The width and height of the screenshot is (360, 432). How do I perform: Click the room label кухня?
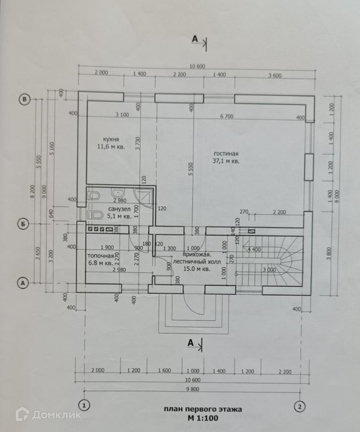tap(111, 139)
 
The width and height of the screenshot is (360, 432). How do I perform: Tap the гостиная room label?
tap(226, 154)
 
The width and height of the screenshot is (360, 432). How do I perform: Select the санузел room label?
tap(117, 209)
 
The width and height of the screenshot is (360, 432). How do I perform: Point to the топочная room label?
tap(98, 256)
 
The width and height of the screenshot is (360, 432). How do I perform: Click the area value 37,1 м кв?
tap(226, 161)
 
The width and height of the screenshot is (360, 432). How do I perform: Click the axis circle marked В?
tap(25, 99)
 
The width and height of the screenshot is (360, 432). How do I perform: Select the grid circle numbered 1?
tap(84, 406)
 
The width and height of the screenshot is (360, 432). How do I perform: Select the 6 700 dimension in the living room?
tap(226, 117)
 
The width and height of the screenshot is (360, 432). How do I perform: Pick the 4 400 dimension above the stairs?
tap(254, 250)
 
